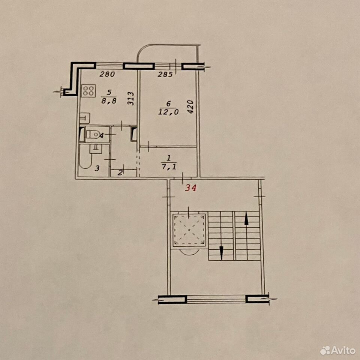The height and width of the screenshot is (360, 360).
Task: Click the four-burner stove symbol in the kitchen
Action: click(88, 91)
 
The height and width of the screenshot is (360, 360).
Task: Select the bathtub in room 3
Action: click(85, 157)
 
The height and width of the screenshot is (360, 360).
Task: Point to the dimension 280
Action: click(107, 74)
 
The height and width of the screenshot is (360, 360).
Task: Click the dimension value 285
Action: click(165, 75)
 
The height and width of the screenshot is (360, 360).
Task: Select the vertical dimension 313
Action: click(130, 99)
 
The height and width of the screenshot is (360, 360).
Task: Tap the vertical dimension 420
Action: click(191, 106)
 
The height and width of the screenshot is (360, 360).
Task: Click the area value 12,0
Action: click(168, 112)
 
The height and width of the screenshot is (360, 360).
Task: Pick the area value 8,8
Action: click(109, 100)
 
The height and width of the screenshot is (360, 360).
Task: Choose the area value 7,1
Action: click(169, 166)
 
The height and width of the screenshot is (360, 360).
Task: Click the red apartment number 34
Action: click(191, 188)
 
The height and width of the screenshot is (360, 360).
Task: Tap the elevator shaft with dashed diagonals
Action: click(189, 229)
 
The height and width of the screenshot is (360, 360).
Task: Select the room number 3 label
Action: click(97, 168)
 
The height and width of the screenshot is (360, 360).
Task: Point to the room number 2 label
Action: click(120, 172)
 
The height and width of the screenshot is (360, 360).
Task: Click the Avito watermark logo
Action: click(338, 351)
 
